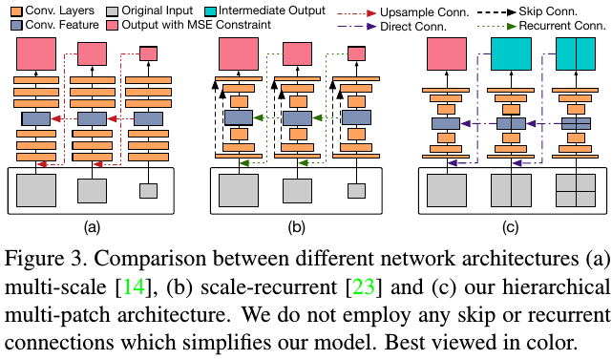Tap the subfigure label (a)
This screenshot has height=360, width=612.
click(x=91, y=226)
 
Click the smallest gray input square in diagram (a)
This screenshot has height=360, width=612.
click(x=148, y=191)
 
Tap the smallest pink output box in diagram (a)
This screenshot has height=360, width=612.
click(x=148, y=53)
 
